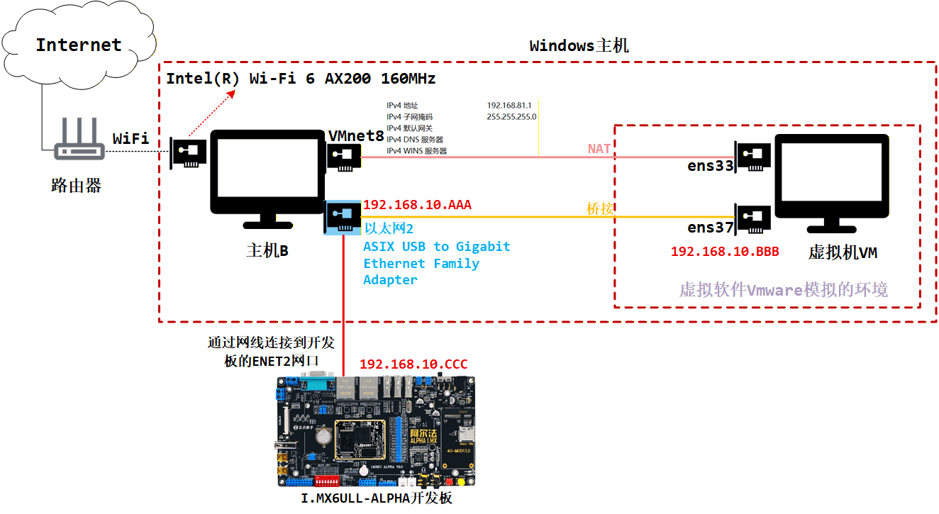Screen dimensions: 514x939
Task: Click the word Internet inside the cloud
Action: tap(79, 45)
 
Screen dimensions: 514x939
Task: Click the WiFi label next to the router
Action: tap(130, 138)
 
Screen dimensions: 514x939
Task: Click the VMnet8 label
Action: tap(356, 135)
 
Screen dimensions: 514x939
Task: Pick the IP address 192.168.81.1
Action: tap(509, 106)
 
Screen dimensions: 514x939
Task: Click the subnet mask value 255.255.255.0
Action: tap(511, 117)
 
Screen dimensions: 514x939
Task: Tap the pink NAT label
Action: tap(599, 149)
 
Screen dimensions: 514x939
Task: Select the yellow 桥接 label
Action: tap(599, 208)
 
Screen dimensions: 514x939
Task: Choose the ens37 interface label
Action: tap(709, 227)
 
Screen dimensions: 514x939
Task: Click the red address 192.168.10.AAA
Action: tap(417, 206)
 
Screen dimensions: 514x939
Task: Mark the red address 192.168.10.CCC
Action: tap(413, 364)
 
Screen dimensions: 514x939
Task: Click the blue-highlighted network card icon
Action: tap(343, 218)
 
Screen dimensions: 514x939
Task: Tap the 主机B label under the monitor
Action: tap(267, 251)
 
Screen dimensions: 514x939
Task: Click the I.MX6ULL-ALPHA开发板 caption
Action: tap(376, 498)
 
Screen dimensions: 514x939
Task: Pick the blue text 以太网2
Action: tap(389, 228)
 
